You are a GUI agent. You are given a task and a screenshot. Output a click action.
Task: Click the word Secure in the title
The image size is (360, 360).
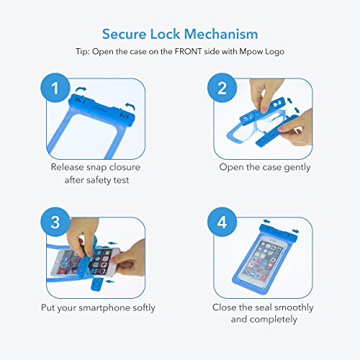124,34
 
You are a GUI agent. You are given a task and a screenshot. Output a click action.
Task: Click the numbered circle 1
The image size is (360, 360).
55,88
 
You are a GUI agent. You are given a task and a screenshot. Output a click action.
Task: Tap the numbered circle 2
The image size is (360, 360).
222,88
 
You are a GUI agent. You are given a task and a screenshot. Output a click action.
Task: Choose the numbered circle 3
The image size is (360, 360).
55,222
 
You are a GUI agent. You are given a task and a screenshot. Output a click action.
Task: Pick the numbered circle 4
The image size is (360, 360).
222,222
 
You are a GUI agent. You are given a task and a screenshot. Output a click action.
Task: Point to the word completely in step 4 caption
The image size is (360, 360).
264,320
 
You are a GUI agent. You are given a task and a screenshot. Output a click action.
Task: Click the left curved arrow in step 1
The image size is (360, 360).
81,91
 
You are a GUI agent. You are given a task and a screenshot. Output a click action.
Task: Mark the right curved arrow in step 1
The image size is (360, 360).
130,107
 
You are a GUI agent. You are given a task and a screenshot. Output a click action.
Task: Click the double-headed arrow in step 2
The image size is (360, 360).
294,105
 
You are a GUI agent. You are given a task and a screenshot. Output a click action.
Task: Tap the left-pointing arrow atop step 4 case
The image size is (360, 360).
266,221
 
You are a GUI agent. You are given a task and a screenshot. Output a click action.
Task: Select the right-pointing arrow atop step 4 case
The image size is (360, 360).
296,231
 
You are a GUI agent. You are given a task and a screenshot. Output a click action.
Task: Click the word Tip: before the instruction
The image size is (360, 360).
83,52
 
